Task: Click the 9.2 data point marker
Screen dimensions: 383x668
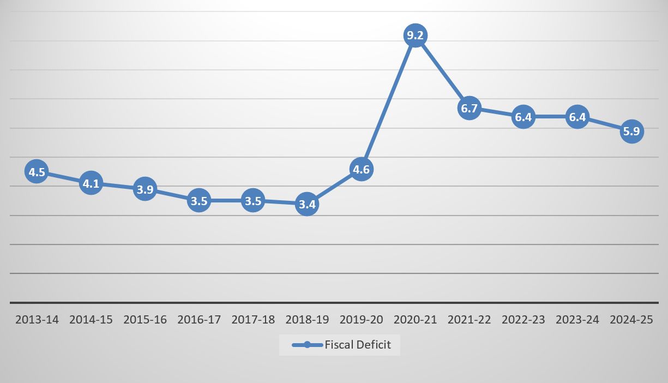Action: [x=415, y=36]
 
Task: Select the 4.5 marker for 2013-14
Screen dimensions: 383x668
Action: [x=37, y=172]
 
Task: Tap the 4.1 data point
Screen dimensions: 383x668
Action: [x=91, y=184]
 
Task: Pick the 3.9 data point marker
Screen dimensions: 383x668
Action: [x=145, y=190]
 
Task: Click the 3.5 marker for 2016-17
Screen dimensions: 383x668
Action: [x=198, y=201]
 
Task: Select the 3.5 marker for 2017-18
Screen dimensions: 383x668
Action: [x=253, y=201]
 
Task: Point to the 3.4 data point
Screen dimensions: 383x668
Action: [x=307, y=205]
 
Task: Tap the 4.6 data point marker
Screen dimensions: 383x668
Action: [x=361, y=170]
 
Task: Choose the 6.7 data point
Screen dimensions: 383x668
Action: [x=469, y=109]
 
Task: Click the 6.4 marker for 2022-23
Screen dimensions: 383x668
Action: [x=523, y=117]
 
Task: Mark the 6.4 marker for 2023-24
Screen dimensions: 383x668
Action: [x=577, y=117]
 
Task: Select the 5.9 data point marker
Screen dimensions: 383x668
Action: [x=631, y=131]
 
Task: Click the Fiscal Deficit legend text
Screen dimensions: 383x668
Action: [x=358, y=345]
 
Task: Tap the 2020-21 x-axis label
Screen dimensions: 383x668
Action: [x=415, y=320]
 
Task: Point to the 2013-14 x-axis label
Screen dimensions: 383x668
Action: [x=37, y=320]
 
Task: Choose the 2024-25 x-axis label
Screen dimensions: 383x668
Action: [x=631, y=320]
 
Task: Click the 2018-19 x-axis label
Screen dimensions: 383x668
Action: [x=307, y=320]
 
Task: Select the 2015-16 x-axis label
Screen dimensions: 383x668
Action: [x=145, y=320]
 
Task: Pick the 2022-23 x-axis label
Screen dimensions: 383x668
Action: [x=523, y=320]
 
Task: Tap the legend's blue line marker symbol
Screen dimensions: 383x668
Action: [x=307, y=345]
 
